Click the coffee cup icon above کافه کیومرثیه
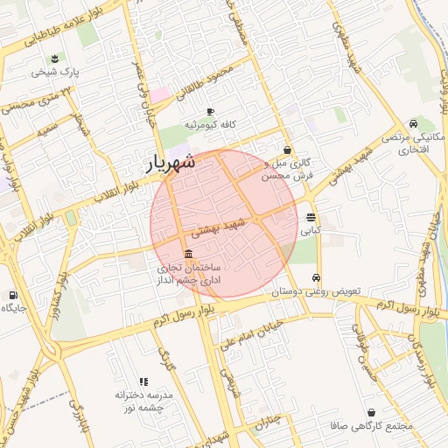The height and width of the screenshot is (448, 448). (x=210, y=111)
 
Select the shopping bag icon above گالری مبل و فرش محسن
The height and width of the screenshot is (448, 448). (x=288, y=150)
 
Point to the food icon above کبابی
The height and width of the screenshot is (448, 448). (x=311, y=218)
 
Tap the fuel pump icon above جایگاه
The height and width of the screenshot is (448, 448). (x=13, y=295)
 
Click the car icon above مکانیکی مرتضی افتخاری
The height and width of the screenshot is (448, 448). (x=412, y=123)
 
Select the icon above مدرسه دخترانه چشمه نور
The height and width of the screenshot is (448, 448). (x=144, y=381)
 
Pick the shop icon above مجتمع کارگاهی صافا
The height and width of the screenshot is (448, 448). (x=374, y=412)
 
